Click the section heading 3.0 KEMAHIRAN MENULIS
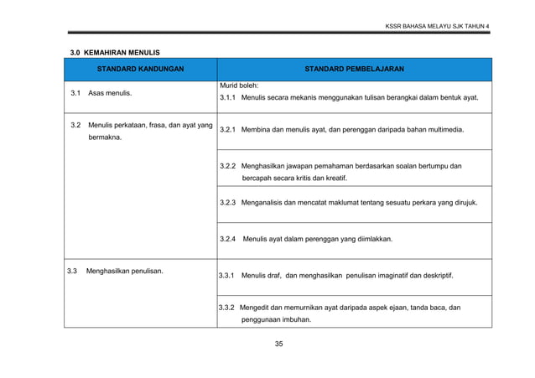click(114, 53)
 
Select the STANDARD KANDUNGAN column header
click(140, 69)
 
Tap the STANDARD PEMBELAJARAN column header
click(354, 69)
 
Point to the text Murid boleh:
click(239, 85)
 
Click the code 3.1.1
click(227, 98)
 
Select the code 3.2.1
click(227, 131)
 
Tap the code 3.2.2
click(227, 166)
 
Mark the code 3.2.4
click(227, 240)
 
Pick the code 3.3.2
click(226, 308)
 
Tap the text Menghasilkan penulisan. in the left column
click(124, 271)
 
